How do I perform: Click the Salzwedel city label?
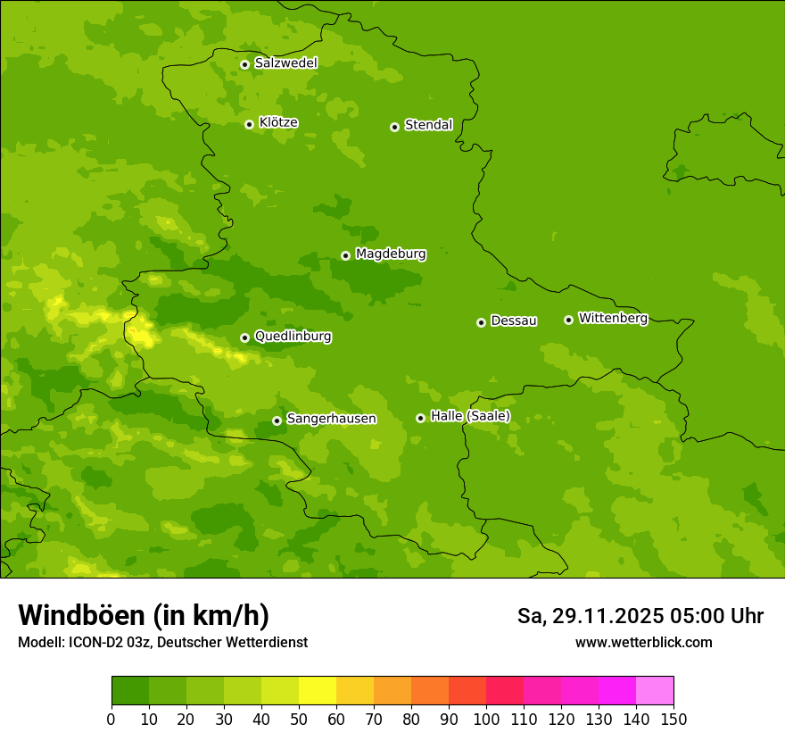click(285, 63)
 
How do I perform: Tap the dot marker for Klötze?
click(249, 124)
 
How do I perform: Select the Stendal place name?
click(428, 125)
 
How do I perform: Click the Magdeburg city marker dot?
click(345, 255)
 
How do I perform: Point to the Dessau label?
click(514, 321)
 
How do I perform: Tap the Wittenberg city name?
click(613, 318)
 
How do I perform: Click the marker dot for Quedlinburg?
click(244, 337)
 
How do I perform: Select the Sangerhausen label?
click(331, 419)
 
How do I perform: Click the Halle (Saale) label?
click(470, 416)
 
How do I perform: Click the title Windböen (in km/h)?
click(144, 615)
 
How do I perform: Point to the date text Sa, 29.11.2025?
click(589, 616)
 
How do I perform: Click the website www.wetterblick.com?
click(643, 642)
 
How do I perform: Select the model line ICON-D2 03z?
click(162, 642)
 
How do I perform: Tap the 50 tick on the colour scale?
click(299, 719)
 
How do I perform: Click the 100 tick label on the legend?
click(486, 719)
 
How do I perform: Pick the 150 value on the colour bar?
click(673, 719)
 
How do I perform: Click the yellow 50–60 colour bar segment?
click(318, 691)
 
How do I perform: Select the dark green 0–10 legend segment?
click(130, 691)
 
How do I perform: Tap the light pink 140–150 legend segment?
click(655, 691)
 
